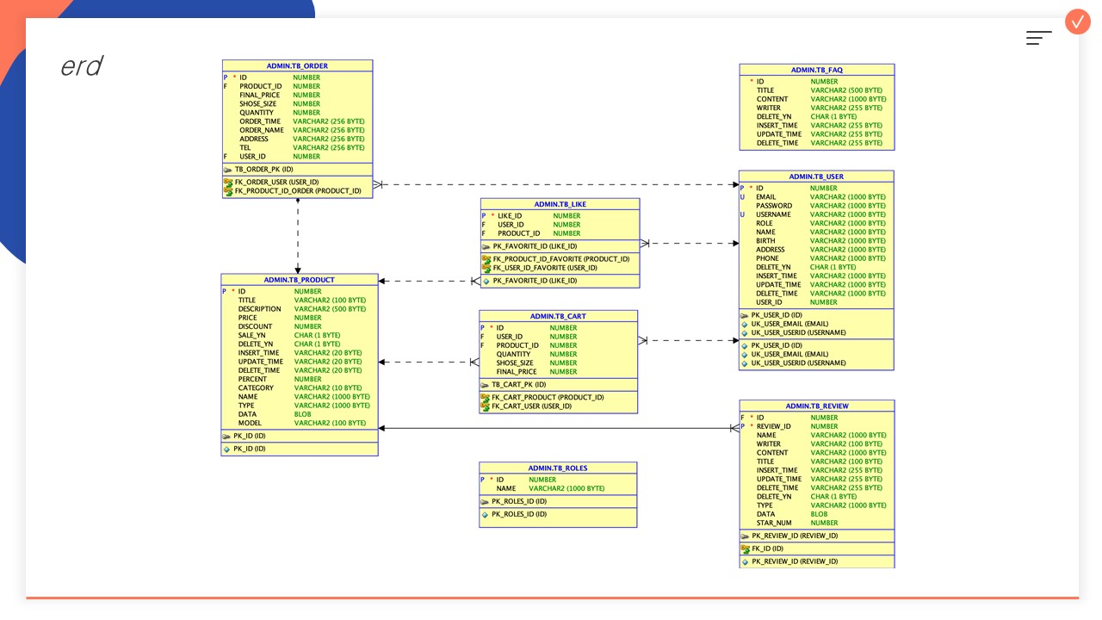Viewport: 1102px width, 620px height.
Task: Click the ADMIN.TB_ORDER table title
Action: click(x=297, y=66)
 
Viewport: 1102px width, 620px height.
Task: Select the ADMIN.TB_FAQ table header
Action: click(x=817, y=70)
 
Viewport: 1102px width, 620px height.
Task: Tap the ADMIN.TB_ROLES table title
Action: click(x=558, y=468)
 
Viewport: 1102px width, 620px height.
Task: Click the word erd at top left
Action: click(x=82, y=66)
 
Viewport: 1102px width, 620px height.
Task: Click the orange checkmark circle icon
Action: click(x=1078, y=22)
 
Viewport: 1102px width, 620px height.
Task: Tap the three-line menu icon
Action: click(x=1038, y=38)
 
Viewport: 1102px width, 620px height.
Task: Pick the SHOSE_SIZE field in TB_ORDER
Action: click(x=257, y=104)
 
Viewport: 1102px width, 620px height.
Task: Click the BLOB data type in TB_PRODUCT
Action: click(x=302, y=414)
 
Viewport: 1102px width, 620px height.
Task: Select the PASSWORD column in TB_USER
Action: click(x=774, y=206)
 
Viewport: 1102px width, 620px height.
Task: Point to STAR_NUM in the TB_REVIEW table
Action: click(x=774, y=523)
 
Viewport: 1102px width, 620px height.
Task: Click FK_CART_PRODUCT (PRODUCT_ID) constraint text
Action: click(x=548, y=398)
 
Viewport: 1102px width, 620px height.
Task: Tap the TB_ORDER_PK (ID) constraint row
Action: click(x=263, y=170)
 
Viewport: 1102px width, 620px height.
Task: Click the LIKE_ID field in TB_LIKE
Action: click(x=510, y=216)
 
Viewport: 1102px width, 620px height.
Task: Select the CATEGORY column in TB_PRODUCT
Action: click(x=256, y=388)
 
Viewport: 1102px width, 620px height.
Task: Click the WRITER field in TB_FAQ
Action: click(x=769, y=108)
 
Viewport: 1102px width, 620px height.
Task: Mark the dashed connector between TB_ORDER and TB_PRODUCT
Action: click(x=298, y=236)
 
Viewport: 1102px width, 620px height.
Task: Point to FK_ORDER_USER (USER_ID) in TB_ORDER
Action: click(x=276, y=182)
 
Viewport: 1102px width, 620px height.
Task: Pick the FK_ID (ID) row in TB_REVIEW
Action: click(x=767, y=549)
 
